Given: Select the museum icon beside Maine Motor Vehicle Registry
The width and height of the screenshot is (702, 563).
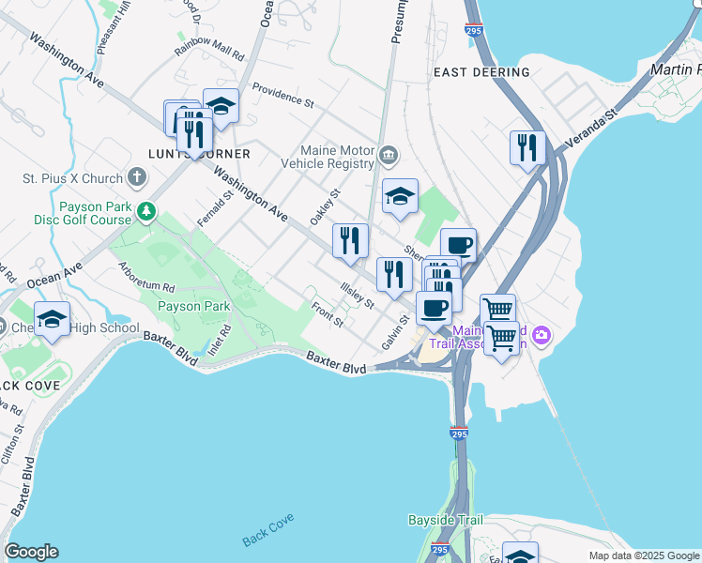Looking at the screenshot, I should [x=389, y=154].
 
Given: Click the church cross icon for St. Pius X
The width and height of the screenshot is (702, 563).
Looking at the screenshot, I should [x=137, y=177].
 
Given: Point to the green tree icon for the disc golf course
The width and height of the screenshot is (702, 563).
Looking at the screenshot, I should [x=145, y=211].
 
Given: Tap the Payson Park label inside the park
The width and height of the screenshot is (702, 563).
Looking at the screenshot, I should [x=193, y=306].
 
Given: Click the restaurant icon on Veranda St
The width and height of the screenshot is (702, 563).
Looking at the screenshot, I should [x=526, y=148].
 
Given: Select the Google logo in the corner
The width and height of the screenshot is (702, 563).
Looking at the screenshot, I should [x=31, y=552].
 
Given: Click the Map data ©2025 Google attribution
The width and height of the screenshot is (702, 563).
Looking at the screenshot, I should [x=643, y=555].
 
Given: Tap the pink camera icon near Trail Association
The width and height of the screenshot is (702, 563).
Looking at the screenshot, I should [x=542, y=334].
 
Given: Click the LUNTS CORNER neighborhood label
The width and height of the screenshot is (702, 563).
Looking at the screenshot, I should [x=199, y=154].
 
